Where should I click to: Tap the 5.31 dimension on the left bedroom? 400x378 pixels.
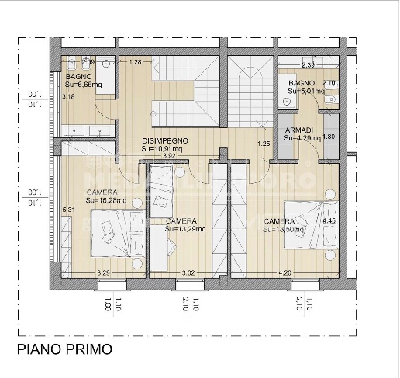(67, 209)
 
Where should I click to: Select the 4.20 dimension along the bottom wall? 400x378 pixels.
(284, 272)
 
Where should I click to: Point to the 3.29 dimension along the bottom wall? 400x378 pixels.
(103, 272)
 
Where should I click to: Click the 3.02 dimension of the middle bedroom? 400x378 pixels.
(188, 272)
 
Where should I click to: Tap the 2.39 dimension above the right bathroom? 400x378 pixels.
(308, 65)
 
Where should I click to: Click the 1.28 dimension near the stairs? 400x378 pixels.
(135, 62)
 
